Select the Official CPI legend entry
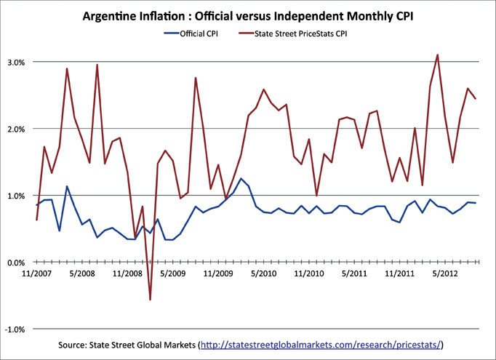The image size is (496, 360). (192, 33)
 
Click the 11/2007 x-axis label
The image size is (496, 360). (36, 274)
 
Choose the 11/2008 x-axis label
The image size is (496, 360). (127, 274)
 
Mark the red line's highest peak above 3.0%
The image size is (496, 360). (437, 55)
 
